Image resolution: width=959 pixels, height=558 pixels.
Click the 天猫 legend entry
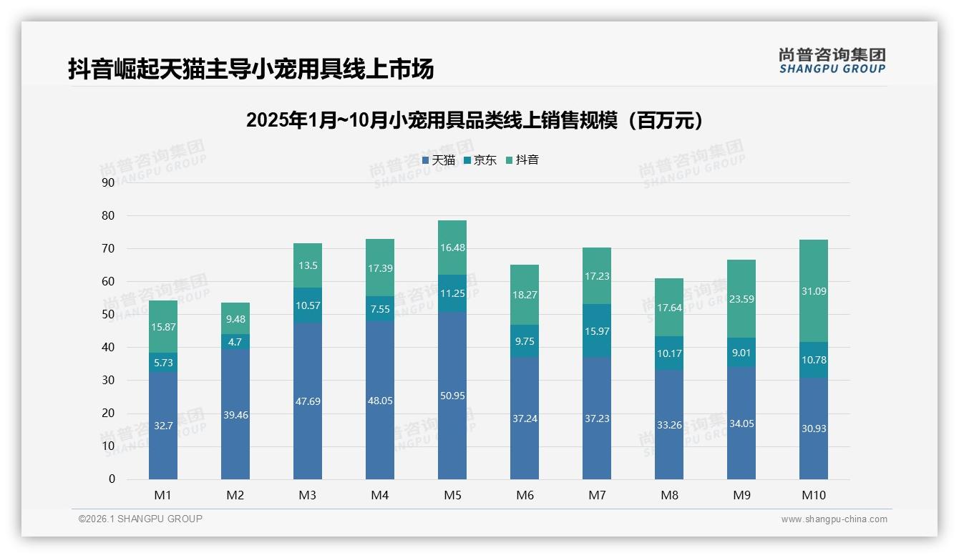click(439, 160)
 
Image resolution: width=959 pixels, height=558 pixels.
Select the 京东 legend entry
click(480, 160)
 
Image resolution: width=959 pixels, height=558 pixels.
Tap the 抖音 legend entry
click(522, 160)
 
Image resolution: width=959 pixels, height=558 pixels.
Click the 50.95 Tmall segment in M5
click(452, 396)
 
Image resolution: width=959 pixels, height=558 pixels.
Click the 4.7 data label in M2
click(235, 342)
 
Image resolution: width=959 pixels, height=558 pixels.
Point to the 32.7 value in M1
click(163, 426)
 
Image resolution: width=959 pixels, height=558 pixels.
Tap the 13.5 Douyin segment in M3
click(308, 265)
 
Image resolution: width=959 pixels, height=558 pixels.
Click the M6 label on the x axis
click(525, 495)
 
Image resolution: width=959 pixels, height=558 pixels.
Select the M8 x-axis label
click(669, 495)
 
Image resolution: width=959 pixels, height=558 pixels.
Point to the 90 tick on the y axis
click(108, 182)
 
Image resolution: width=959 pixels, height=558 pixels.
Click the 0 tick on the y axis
click(112, 479)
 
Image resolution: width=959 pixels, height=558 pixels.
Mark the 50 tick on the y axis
click(108, 315)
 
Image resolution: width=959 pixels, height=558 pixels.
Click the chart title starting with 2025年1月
click(474, 120)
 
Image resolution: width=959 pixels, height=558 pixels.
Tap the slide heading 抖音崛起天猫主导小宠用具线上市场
click(251, 69)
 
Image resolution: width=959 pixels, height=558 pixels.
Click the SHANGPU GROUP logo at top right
click(832, 61)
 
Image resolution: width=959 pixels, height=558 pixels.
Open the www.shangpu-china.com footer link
click(834, 519)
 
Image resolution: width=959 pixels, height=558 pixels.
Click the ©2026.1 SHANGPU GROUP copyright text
click(140, 519)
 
